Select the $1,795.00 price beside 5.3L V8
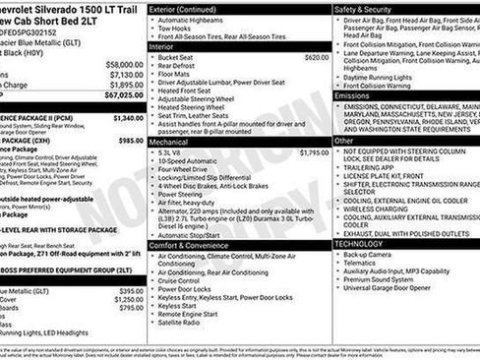(314, 152)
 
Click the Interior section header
(161, 46)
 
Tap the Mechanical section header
(168, 142)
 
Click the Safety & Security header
(363, 9)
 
